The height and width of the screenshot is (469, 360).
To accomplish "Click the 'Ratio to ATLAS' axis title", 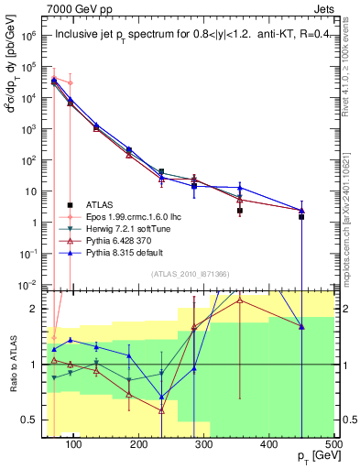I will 13,363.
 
